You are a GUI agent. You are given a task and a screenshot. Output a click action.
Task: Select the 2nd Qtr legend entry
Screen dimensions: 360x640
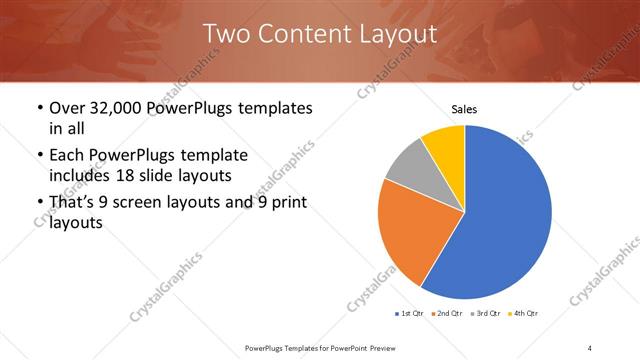click(446, 314)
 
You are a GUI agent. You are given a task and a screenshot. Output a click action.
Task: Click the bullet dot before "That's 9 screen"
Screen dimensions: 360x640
click(39, 204)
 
